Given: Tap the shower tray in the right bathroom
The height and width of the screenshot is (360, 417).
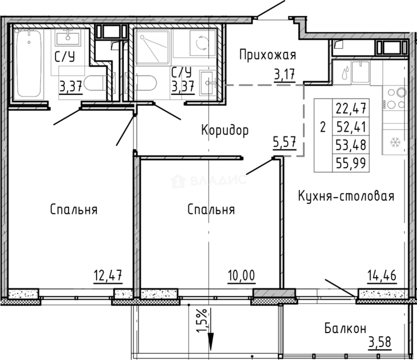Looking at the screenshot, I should pyautogui.click(x=152, y=47).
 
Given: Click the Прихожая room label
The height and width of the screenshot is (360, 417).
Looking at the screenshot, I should pyautogui.click(x=268, y=55).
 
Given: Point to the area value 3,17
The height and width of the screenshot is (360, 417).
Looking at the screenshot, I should pyautogui.click(x=285, y=74).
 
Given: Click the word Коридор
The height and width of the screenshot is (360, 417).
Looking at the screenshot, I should pyautogui.click(x=225, y=130).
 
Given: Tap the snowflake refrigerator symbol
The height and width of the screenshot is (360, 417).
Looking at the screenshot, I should pyautogui.click(x=395, y=143).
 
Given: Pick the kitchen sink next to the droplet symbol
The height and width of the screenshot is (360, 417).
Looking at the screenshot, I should pyautogui.click(x=361, y=72).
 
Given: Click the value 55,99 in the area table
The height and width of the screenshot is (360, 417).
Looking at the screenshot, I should pyautogui.click(x=351, y=163).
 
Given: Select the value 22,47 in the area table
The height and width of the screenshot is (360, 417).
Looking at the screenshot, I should pyautogui.click(x=351, y=108).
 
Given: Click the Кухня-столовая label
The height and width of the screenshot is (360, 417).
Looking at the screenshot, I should pyautogui.click(x=346, y=196).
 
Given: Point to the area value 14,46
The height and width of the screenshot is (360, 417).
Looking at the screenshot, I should pyautogui.click(x=382, y=276).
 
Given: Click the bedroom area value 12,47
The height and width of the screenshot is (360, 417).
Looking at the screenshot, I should pyautogui.click(x=108, y=276).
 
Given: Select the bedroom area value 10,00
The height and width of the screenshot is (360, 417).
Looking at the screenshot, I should pyautogui.click(x=242, y=276).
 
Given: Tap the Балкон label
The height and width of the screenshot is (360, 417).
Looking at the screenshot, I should pyautogui.click(x=345, y=329).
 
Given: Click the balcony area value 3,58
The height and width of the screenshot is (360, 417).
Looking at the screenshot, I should pyautogui.click(x=380, y=342).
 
